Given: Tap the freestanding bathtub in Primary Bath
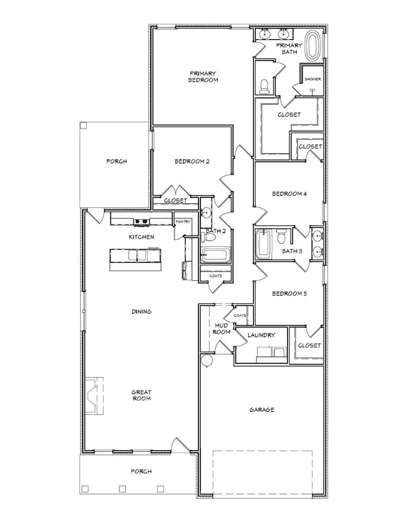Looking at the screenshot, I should [314, 45].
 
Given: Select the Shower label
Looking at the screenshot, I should [312, 79].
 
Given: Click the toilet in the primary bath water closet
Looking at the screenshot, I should [265, 87].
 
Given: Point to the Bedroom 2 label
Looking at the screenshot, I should [191, 161].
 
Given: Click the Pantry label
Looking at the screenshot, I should [183, 222].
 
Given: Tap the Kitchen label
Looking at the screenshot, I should [141, 237].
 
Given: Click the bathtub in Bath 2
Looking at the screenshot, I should [214, 255].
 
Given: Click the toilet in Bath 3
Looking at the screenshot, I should [281, 236].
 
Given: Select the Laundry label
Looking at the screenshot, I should [261, 335].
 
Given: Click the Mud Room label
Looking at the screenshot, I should [221, 329].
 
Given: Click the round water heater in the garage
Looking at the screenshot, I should [206, 360].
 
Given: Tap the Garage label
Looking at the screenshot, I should [262, 410].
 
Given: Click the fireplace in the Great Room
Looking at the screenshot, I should [94, 396].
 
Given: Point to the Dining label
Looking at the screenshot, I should [141, 312].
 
